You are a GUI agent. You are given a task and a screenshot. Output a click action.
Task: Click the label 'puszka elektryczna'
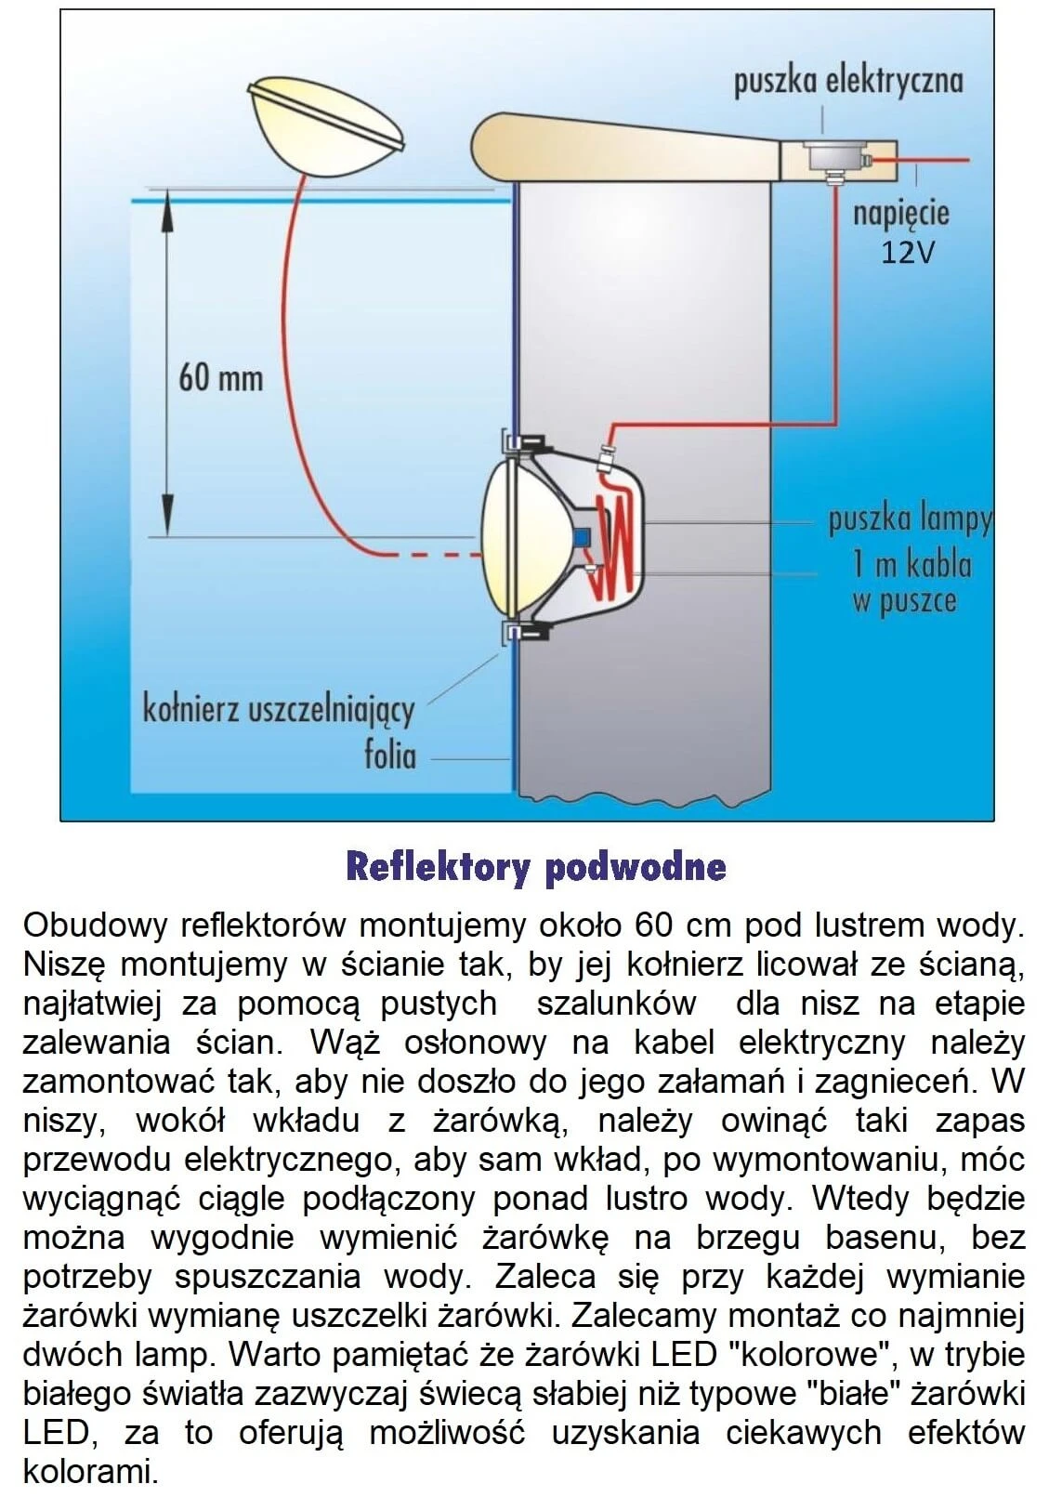[847, 81]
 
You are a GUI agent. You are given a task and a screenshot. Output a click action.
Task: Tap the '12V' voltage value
[907, 252]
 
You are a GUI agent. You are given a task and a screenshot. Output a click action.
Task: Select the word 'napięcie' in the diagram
[901, 214]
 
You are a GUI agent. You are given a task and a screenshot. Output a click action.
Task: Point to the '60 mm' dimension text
[220, 378]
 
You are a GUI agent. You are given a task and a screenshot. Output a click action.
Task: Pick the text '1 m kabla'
[911, 564]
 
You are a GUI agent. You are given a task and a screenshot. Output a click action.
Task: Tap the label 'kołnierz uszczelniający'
[278, 710]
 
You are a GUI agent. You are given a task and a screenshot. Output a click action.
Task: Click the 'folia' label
[389, 755]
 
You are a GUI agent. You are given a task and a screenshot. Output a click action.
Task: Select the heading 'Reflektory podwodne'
[535, 866]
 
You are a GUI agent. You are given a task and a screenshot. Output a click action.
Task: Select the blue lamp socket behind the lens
[583, 536]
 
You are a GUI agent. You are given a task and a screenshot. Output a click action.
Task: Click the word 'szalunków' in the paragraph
[616, 1004]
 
